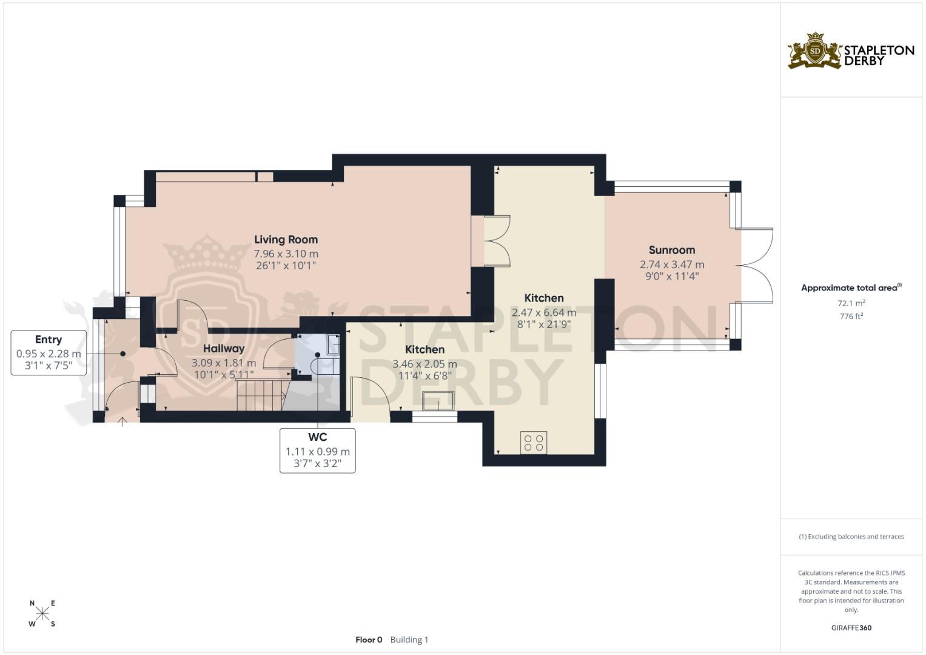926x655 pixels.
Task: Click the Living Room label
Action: pos(286,240)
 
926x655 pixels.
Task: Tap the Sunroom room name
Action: pos(672,250)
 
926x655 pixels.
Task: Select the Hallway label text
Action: pos(224,349)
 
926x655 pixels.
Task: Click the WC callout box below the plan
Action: pos(318,450)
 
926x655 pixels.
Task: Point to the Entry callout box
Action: pos(49,353)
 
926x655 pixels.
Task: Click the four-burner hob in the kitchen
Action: pos(534,443)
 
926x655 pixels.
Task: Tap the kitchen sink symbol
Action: pos(438,401)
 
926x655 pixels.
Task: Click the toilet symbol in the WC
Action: pos(325,366)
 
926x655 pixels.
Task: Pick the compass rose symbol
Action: pos(42,613)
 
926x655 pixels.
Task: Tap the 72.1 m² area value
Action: pos(851,303)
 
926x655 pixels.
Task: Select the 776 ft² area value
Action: pos(851,316)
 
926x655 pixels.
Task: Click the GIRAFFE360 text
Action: pos(851,628)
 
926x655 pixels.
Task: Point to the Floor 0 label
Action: pos(369,640)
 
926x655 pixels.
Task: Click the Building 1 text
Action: pos(409,640)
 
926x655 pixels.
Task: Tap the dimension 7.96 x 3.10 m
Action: pos(286,254)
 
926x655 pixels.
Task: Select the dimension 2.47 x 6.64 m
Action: pos(543,312)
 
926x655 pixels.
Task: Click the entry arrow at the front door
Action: pos(122,422)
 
